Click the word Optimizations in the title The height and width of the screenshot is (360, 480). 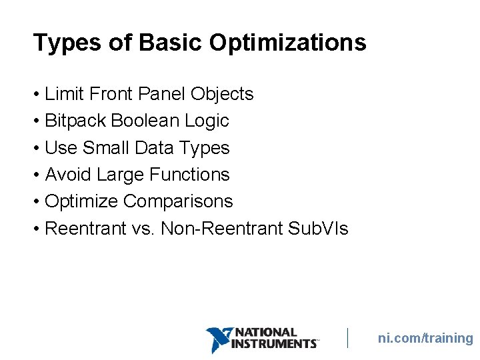coord(287,43)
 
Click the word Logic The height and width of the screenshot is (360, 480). coord(208,121)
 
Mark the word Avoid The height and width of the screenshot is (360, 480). coord(68,175)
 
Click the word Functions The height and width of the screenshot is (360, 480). coord(189,175)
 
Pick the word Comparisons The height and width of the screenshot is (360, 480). coord(178,201)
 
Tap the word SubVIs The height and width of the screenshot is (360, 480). coord(318,229)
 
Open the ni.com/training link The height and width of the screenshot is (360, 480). coord(425,338)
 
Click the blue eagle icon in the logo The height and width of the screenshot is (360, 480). coord(218,339)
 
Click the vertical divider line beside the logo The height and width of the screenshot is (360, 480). coord(347,337)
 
